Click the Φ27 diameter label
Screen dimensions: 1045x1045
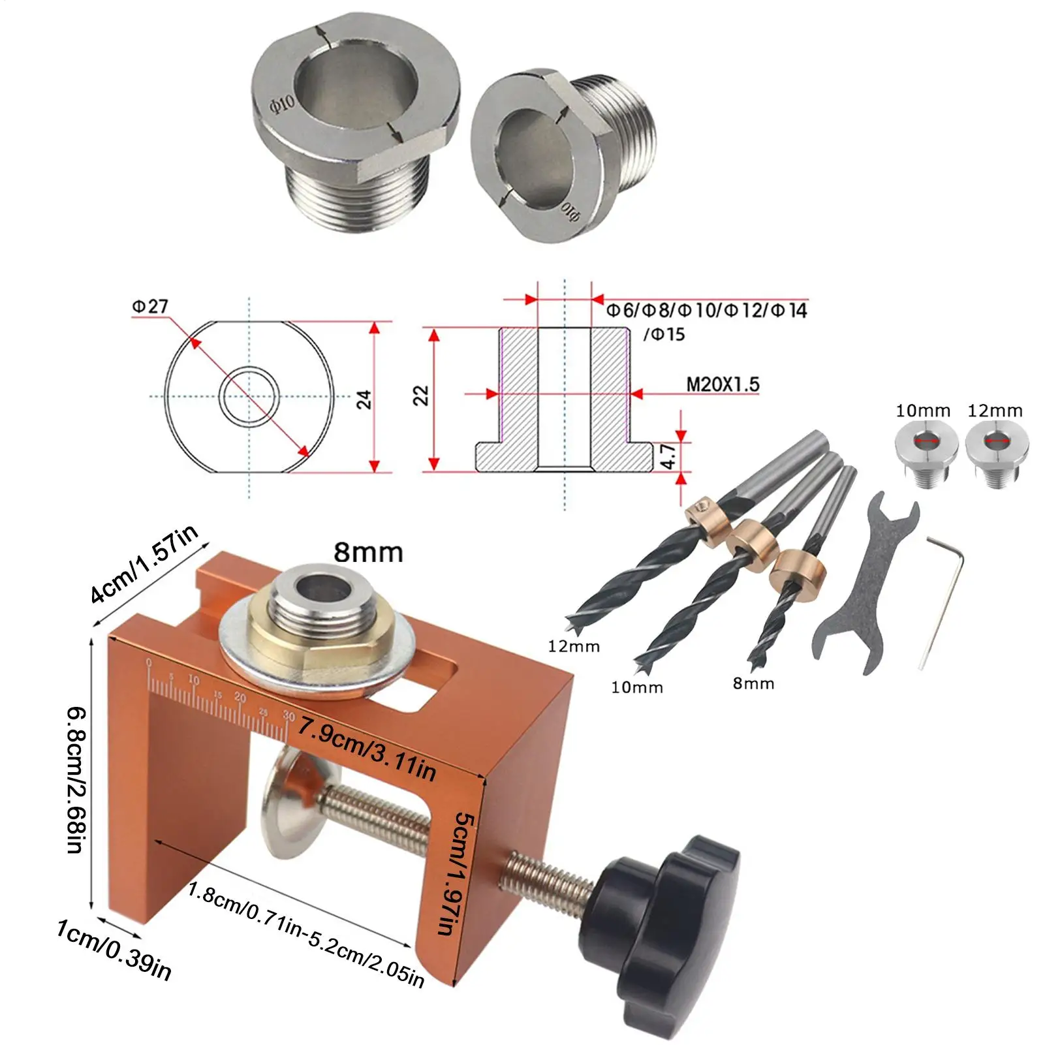[x=149, y=306]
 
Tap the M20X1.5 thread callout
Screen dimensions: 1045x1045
[x=723, y=384]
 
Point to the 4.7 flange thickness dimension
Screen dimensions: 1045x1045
[x=668, y=456]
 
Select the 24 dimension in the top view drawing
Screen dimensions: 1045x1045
[x=364, y=399]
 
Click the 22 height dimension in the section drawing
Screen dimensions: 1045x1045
[x=421, y=396]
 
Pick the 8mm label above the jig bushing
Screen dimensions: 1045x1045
[x=368, y=552]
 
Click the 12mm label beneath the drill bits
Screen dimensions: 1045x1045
[x=573, y=646]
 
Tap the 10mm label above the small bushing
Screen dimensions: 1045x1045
[x=922, y=411]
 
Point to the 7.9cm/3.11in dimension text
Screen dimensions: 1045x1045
[x=367, y=749]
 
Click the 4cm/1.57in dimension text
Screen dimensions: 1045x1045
[x=144, y=565]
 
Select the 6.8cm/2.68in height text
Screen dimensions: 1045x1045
[x=76, y=780]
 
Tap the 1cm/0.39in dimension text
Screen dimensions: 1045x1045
[x=114, y=949]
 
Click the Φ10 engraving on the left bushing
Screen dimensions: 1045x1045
[x=283, y=103]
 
